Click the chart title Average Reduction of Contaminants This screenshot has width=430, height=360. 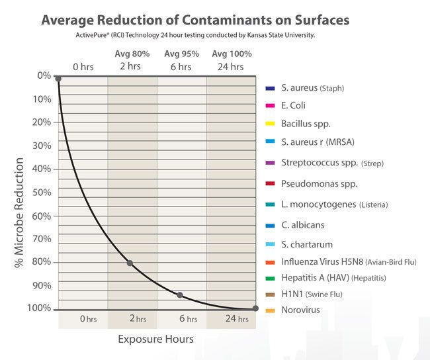[195, 19]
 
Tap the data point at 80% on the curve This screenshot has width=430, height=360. [130, 263]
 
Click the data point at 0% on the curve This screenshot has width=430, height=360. [58, 79]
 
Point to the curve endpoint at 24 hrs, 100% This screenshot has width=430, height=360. [255, 308]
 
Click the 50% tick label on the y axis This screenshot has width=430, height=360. [42, 193]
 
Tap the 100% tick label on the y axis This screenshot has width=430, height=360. [39, 308]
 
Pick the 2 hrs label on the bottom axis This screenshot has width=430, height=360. [138, 319]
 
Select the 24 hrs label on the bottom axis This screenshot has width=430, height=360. [236, 319]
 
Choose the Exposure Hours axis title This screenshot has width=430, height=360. [155, 339]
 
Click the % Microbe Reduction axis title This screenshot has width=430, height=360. [19, 212]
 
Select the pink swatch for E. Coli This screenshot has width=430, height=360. [271, 106]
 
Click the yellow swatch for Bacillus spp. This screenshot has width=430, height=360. [271, 124]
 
